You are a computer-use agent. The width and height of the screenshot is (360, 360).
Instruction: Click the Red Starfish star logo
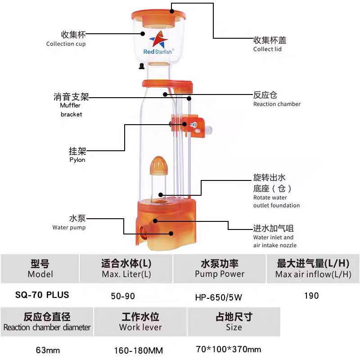click(x=158, y=40)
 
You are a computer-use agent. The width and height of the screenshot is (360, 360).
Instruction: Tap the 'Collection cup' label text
click(x=66, y=44)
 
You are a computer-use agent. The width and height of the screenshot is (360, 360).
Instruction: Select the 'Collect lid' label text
click(x=267, y=49)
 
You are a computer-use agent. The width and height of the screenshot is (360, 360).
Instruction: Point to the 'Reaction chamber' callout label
click(x=277, y=104)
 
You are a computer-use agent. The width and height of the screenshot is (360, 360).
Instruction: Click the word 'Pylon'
click(x=77, y=160)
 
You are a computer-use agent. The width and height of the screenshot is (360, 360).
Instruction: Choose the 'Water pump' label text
click(x=69, y=227)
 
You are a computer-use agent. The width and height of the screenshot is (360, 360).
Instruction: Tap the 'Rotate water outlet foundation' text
click(x=276, y=201)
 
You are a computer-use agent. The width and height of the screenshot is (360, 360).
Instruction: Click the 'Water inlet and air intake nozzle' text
click(x=275, y=241)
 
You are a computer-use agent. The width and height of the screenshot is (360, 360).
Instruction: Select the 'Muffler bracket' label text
click(x=71, y=110)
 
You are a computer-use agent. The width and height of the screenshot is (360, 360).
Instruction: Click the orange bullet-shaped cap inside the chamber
click(x=159, y=166)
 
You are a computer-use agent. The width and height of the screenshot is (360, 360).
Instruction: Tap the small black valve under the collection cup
click(x=142, y=66)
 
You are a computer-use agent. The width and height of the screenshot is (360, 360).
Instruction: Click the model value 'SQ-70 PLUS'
click(x=42, y=295)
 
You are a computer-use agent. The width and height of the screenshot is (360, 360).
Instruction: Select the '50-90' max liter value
click(x=123, y=296)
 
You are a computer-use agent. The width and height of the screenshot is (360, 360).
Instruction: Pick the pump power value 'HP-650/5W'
click(x=219, y=297)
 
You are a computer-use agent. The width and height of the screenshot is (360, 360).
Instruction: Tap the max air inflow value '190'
click(x=311, y=296)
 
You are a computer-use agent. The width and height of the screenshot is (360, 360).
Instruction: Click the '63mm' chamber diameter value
click(x=48, y=351)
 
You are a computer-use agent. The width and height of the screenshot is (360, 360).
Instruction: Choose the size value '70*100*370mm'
click(x=229, y=349)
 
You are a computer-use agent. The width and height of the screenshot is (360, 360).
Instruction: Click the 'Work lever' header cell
click(x=140, y=322)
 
